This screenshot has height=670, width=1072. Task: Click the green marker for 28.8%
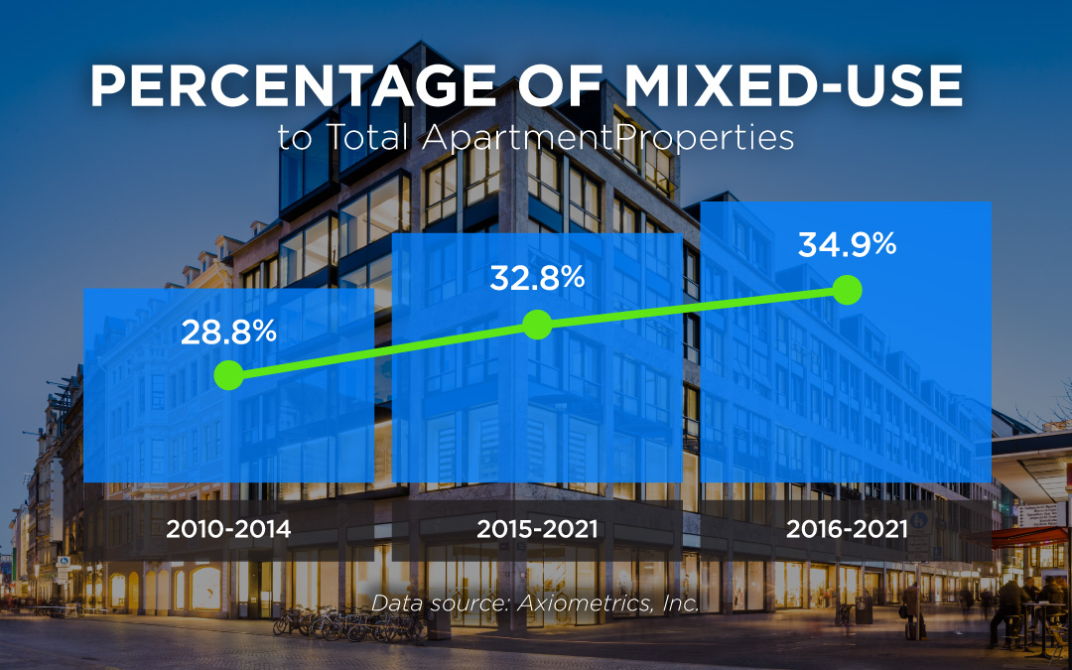pos(228,375)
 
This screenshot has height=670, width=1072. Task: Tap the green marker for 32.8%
pos(537,324)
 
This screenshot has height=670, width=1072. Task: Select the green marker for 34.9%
pos(846,290)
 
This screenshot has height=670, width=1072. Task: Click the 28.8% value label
pos(228,333)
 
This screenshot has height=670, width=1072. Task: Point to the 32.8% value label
pos(537,279)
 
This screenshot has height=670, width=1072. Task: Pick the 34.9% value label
pos(847,244)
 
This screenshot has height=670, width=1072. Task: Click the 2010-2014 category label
pos(228,529)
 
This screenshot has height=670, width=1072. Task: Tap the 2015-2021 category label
pos(537,529)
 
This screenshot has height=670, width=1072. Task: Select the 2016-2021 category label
pos(847,529)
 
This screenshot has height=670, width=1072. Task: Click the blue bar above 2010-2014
pos(228,437)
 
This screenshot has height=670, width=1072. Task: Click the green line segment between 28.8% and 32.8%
pos(382,349)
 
